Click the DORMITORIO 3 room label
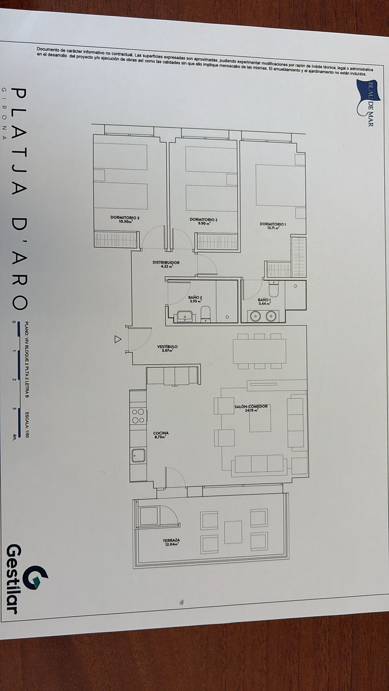(x=125, y=218)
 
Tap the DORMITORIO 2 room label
(x=204, y=219)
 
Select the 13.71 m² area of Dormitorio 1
(x=273, y=228)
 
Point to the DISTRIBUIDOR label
(x=166, y=262)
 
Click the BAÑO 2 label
(x=195, y=298)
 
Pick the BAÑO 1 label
(x=264, y=300)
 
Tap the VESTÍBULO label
(x=167, y=347)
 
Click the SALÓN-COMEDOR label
(x=251, y=406)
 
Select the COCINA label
(x=161, y=433)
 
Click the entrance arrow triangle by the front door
(x=118, y=339)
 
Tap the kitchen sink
(x=139, y=455)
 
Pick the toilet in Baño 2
(x=206, y=314)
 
